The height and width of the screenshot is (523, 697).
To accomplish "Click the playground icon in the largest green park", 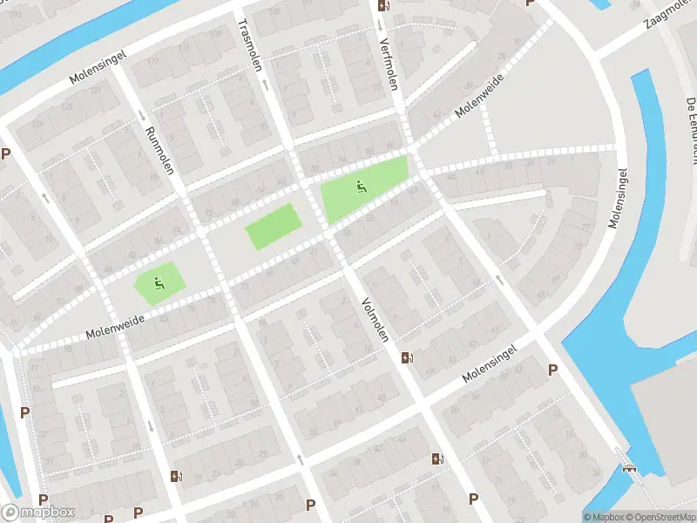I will pyautogui.click(x=360, y=185).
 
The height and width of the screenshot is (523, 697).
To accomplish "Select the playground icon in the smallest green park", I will pyautogui.click(x=158, y=282).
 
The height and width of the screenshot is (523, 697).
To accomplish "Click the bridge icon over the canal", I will pyautogui.click(x=630, y=467).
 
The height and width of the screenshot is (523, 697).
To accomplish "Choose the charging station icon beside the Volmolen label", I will pyautogui.click(x=406, y=357).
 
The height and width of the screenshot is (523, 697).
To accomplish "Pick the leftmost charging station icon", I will pyautogui.click(x=176, y=476).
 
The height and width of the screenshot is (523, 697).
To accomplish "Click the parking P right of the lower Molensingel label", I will pyautogui.click(x=552, y=370).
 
